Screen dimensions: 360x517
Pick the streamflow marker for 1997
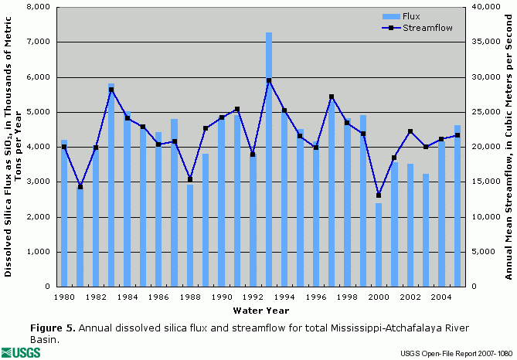[332, 97]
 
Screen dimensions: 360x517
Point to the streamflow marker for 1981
[80, 187]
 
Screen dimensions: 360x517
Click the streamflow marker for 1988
[190, 179]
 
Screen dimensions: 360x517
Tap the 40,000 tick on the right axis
[481, 7]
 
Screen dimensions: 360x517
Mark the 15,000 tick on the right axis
[481, 182]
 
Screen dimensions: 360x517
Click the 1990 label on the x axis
[222, 297]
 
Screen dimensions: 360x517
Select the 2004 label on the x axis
[441, 297]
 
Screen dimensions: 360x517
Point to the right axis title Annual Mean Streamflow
[508, 147]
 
